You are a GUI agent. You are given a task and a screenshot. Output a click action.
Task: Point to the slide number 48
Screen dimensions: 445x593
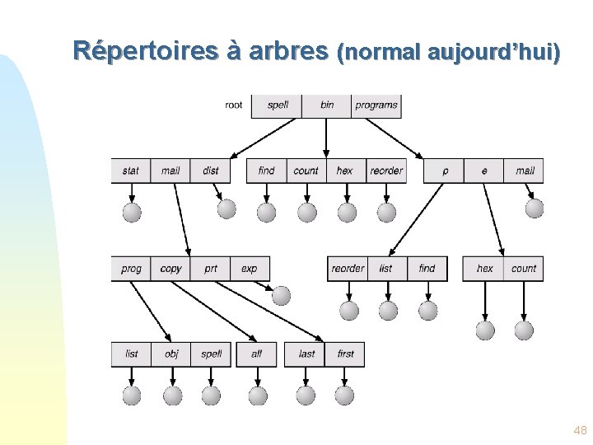580,430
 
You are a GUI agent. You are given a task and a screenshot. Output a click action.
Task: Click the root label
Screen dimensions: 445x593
234,105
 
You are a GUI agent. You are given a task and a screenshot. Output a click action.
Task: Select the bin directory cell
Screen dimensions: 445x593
327,105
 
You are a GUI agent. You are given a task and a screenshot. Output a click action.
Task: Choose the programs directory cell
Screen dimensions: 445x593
376,105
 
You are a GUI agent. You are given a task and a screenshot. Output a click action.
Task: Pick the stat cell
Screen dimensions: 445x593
131,171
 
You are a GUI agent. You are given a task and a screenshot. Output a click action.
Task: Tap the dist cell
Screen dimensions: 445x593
211,171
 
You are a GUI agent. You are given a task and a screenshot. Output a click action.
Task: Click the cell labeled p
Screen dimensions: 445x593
445,171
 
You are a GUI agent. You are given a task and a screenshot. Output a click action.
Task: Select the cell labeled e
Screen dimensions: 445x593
484,171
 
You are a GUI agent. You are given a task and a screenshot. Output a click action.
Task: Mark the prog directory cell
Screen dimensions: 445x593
131,268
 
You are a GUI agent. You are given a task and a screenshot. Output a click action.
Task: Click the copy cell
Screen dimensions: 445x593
171,268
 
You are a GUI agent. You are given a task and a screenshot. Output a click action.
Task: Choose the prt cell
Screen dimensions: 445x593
211,268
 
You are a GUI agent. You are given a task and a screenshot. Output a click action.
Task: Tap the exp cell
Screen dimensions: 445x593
249,268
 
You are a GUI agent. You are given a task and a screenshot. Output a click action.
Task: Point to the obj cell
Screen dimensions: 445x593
171,354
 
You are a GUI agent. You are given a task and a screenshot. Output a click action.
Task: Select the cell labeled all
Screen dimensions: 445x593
256,354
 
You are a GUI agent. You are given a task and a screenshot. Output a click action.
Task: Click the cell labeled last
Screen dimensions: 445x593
306,354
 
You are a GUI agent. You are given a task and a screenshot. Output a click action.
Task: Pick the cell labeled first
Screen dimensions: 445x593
346,354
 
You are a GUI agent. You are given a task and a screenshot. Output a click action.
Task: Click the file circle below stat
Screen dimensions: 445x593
132,213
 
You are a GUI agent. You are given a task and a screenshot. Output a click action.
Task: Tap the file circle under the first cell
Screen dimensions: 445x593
345,396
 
